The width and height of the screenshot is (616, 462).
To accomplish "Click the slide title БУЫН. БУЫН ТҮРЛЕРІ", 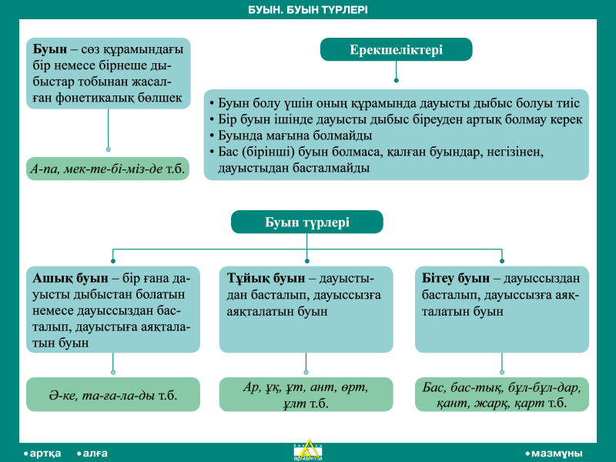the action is pos(307,10).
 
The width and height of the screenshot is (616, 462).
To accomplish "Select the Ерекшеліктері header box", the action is pos(396,49).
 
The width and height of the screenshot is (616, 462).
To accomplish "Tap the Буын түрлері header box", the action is pos(306,222).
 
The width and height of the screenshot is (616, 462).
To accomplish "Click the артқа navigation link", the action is pos(42,454).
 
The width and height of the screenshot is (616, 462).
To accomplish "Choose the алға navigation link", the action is pos(92,454).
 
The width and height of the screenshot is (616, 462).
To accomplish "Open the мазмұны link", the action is pos(554,454).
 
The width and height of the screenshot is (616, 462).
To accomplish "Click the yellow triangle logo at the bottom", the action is pos(308,450).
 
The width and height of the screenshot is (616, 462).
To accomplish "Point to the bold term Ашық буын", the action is pos(70,278).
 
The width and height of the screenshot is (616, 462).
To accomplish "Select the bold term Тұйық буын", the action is pos(266,278).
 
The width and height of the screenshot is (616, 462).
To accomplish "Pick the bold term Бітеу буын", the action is pos(456,278).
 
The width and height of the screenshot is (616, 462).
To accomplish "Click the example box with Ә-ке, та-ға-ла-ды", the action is pos(113,394).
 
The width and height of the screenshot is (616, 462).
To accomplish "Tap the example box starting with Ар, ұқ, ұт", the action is pos(306,394).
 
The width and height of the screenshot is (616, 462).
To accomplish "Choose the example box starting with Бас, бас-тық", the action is pos(502,394).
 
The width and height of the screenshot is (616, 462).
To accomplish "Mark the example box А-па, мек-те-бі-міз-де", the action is pos(108,169).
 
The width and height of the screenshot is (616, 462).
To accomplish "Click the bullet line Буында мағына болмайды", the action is pos(291,136).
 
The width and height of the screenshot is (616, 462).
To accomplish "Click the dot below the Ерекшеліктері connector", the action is pos(396,81).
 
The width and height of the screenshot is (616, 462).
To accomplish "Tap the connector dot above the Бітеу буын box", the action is pos(502,261).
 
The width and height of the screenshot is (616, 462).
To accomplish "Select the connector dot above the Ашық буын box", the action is pos(113,261).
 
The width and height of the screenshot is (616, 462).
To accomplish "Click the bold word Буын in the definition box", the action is pos(50,49).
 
